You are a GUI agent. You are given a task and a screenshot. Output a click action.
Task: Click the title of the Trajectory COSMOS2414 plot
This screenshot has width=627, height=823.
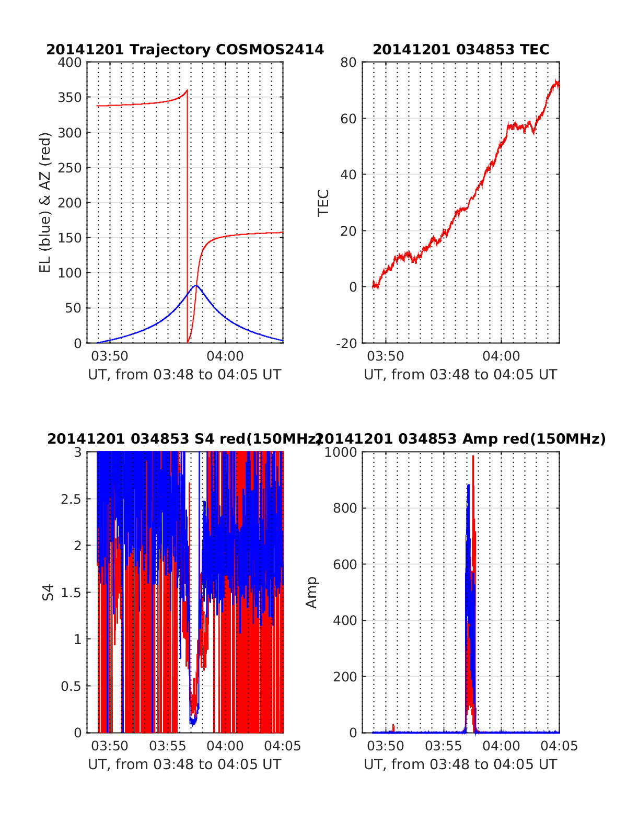[185, 50]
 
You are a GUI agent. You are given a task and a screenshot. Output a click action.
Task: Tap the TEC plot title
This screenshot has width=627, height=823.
[460, 50]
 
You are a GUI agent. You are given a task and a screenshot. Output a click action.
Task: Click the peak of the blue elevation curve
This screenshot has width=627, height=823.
[196, 285]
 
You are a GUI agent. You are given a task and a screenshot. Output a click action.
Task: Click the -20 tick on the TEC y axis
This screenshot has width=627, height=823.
[345, 343]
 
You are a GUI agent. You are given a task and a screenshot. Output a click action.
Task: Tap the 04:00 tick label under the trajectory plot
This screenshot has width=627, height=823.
[225, 356]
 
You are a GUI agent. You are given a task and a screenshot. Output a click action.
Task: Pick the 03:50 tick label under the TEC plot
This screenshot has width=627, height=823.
[386, 356]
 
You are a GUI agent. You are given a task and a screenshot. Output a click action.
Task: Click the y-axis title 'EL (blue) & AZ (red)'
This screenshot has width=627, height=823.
[45, 202]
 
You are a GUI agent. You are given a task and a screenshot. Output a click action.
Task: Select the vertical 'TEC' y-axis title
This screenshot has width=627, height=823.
[323, 202]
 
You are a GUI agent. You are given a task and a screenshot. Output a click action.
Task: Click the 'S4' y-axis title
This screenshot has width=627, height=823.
[48, 592]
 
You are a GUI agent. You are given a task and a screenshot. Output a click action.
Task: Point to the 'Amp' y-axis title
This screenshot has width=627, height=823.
[311, 592]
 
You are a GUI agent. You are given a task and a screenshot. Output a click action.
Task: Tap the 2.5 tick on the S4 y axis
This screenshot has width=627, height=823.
[71, 499]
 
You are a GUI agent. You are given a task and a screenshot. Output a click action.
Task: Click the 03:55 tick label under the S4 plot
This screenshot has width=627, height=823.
[167, 746]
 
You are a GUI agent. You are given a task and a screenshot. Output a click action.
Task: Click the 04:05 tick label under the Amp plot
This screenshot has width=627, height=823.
[560, 746]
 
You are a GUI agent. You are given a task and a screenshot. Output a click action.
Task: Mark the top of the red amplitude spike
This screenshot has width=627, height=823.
[473, 456]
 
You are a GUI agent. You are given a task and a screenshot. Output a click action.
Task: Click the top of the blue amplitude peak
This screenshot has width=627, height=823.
[468, 485]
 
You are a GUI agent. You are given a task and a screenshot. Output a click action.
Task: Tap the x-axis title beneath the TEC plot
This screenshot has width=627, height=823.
[460, 375]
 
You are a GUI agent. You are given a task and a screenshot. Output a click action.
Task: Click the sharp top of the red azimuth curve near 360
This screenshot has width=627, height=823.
[187, 90]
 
